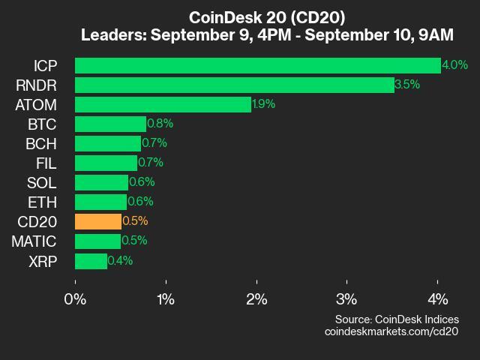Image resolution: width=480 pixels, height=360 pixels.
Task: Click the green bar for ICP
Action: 258,65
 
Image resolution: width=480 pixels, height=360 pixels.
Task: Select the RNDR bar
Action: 235,85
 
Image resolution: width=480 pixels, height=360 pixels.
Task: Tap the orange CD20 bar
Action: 98,221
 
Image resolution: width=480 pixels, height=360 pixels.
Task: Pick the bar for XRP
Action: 91,260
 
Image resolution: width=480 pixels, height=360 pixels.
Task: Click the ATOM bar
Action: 163,104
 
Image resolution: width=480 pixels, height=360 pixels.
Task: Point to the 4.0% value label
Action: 455,65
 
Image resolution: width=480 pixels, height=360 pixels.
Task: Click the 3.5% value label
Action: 408,85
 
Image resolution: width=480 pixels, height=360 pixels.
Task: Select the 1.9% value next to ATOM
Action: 264,104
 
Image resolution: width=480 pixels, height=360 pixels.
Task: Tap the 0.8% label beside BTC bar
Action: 160,124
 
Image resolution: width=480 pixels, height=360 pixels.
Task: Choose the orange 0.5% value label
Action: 135,221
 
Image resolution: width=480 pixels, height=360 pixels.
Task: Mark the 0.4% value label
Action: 121,260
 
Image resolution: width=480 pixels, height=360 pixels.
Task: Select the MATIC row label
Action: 34,241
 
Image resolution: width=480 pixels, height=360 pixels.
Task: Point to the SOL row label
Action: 41,182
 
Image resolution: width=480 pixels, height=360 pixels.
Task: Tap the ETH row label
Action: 42,202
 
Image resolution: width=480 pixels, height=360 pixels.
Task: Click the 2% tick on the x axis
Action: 256,299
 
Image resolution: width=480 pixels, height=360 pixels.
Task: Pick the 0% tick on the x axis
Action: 75,299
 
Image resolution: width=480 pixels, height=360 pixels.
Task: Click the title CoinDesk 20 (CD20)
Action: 267,16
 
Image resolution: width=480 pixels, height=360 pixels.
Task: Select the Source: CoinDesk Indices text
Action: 397,319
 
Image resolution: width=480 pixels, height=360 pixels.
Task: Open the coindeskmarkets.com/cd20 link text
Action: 391,331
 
